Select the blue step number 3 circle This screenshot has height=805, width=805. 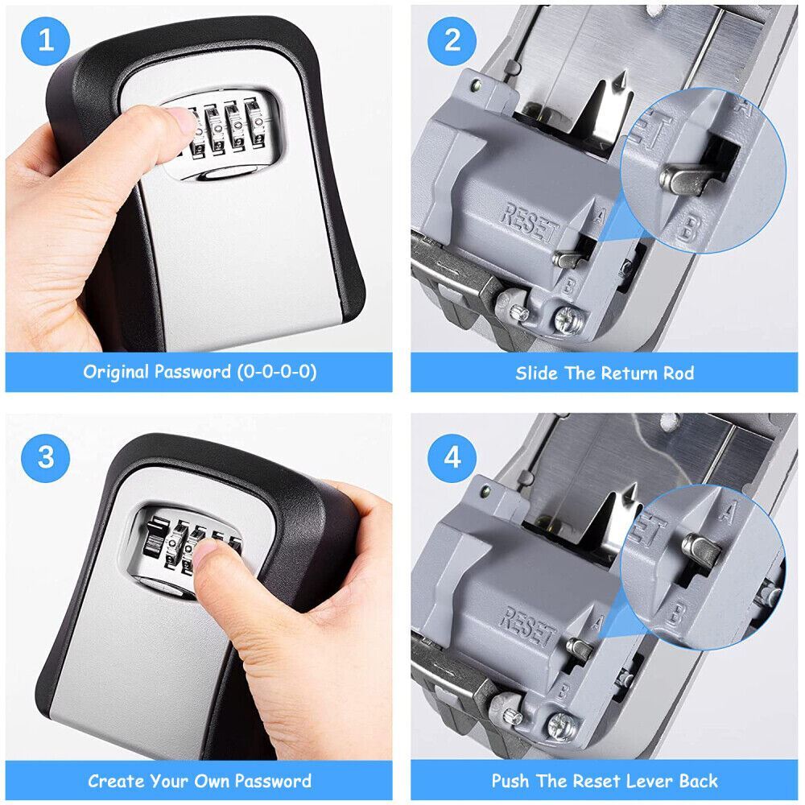click(x=45, y=456)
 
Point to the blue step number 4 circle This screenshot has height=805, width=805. click(x=452, y=456)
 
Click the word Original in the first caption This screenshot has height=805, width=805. click(x=116, y=372)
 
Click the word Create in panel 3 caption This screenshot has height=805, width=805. click(x=117, y=780)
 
